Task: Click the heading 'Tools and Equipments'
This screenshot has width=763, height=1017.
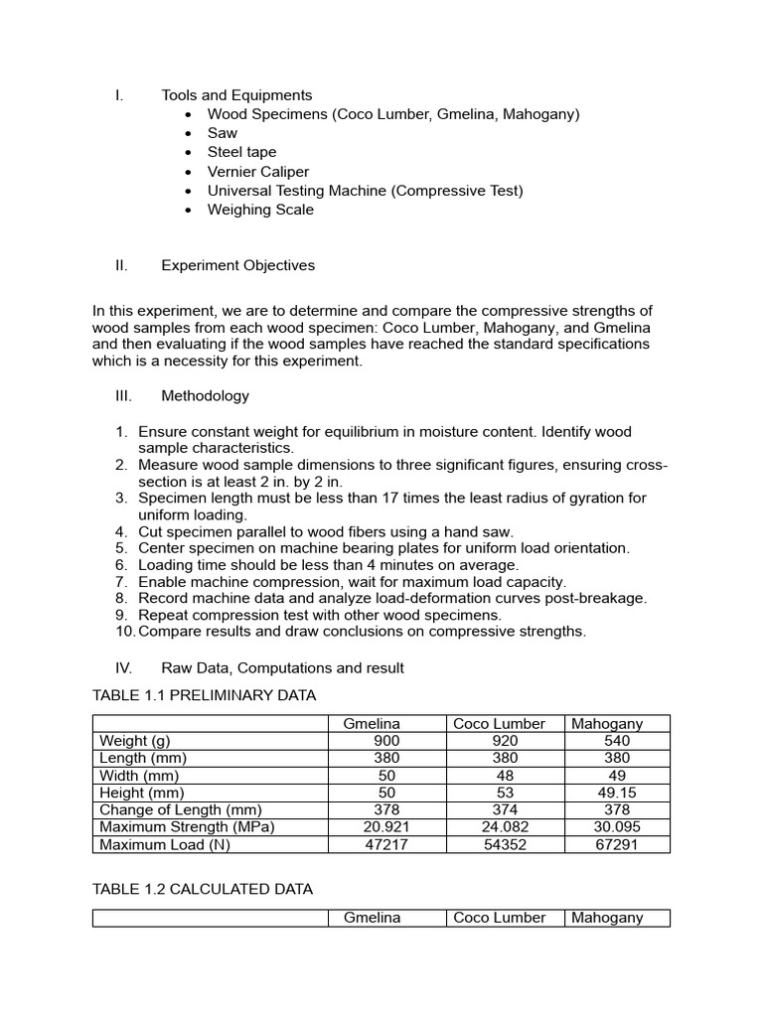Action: coord(236,95)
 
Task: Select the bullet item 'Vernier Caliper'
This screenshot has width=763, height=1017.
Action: coord(258,172)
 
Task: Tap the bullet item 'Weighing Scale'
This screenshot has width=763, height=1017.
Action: coord(260,210)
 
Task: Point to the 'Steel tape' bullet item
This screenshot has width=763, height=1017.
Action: coord(241,152)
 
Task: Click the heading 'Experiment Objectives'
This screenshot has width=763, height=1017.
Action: coord(237,265)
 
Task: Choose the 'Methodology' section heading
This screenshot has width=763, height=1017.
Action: coord(205,395)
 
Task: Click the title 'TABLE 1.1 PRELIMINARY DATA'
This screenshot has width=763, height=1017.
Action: coord(204,695)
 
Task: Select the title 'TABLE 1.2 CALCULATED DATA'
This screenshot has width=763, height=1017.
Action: coord(203,889)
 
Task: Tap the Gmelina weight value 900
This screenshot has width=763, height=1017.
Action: coord(386,741)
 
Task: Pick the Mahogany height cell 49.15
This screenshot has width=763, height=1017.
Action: coord(616,793)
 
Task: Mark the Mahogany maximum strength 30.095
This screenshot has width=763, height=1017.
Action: coord(616,826)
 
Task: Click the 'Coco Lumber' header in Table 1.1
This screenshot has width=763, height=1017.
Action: coord(499,724)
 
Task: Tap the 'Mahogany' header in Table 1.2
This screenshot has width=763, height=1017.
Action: coord(607,918)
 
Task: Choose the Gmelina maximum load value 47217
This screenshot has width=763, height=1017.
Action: coord(386,844)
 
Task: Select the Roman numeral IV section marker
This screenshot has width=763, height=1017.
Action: coord(123,668)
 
